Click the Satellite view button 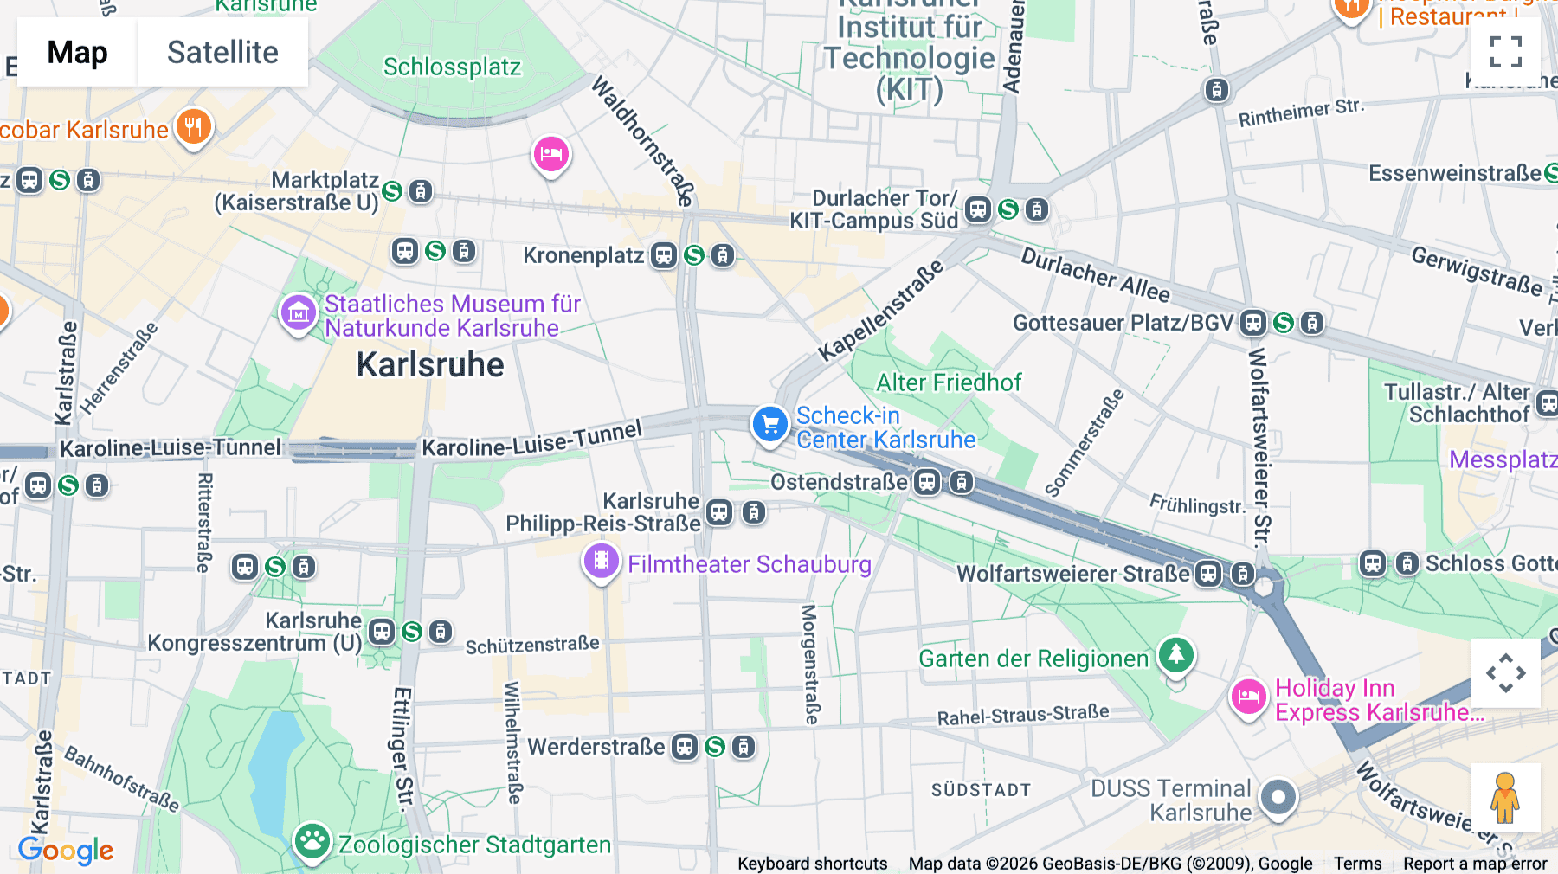[x=222, y=52]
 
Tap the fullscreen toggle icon [x=1505, y=52]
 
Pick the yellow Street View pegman [x=1505, y=797]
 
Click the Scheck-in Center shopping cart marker [x=769, y=424]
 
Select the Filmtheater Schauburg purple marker [x=602, y=562]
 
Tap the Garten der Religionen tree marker [x=1175, y=655]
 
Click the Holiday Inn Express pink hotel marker [x=1249, y=697]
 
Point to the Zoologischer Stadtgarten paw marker [x=312, y=840]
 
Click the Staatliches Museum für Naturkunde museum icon [x=299, y=313]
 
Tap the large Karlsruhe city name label [x=430, y=365]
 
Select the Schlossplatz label [x=452, y=67]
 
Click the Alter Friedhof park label [x=949, y=382]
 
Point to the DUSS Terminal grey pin [x=1278, y=797]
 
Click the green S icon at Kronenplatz [x=694, y=255]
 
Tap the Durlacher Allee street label [x=1095, y=274]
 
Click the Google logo [x=66, y=851]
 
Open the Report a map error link [x=1475, y=864]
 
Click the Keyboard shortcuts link [x=812, y=864]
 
